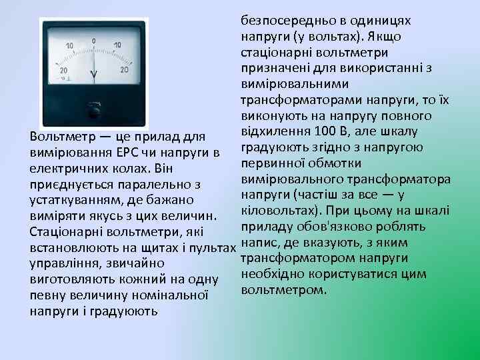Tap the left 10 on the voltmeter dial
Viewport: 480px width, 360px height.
(x=70, y=46)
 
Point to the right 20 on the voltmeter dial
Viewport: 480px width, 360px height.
(x=125, y=69)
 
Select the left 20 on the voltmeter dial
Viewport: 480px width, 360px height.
(x=63, y=70)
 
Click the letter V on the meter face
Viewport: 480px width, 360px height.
(x=94, y=73)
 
